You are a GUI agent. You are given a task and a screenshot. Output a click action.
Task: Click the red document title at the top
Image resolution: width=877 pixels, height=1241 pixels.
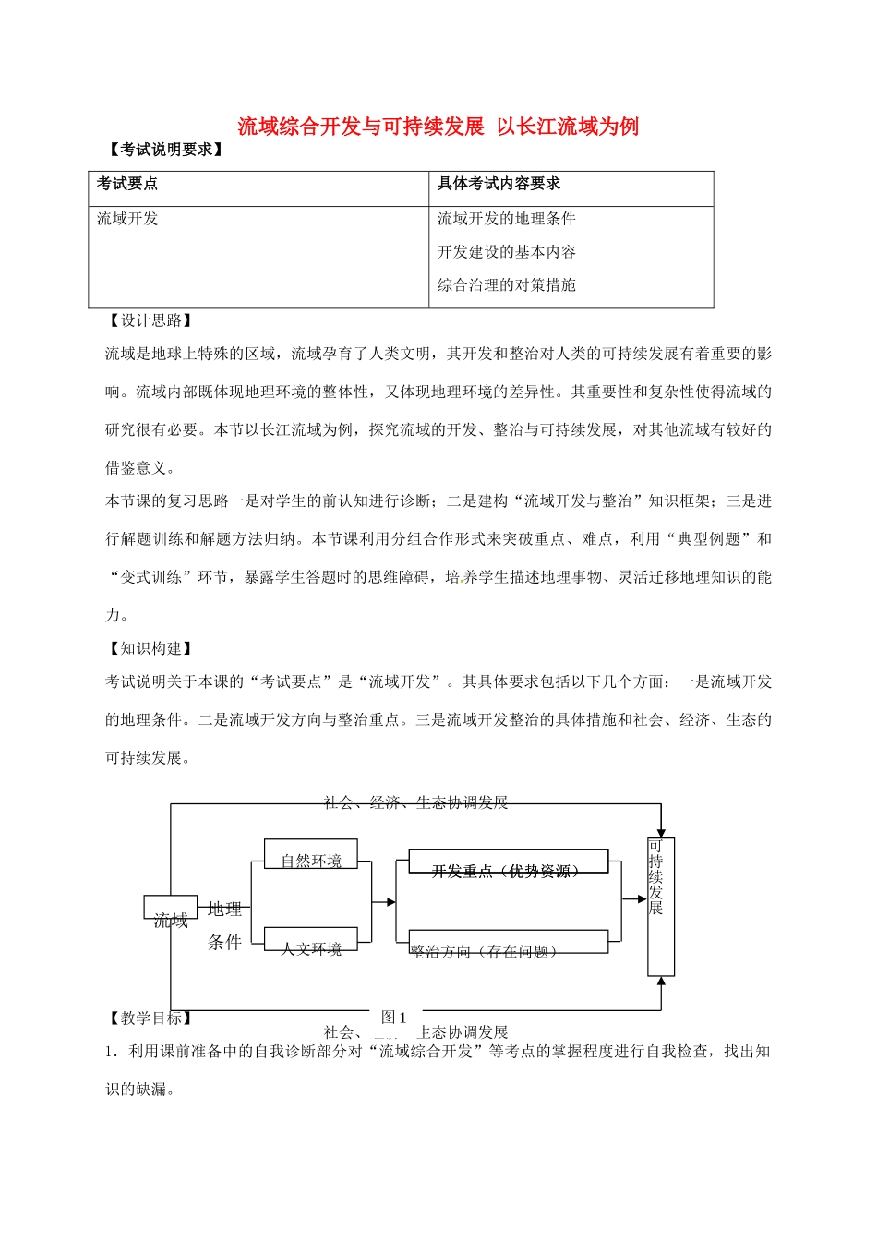click(x=438, y=127)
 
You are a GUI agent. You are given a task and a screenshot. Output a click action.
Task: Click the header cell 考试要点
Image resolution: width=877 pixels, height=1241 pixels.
click(x=127, y=184)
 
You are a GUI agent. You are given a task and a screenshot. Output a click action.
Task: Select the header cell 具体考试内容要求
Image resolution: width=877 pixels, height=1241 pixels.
click(x=499, y=184)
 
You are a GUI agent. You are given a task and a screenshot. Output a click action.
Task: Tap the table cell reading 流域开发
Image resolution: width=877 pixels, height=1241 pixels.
click(x=127, y=219)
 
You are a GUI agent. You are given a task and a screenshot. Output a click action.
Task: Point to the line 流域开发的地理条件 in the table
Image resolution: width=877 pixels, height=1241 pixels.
click(x=506, y=219)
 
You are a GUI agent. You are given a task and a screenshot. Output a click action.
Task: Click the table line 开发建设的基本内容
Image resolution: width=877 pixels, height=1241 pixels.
click(x=506, y=252)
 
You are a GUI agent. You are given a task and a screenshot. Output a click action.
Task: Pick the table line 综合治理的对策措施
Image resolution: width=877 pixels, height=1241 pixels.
click(x=506, y=285)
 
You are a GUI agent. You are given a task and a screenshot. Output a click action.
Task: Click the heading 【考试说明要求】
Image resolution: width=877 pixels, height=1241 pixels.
click(x=165, y=150)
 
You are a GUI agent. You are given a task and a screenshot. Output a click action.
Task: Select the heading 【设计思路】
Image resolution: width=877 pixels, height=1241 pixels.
click(x=150, y=320)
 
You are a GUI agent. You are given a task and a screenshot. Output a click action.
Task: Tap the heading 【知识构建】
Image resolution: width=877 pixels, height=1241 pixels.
click(x=150, y=648)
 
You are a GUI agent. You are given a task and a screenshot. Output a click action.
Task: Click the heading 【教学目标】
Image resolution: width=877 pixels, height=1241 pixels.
click(x=150, y=1018)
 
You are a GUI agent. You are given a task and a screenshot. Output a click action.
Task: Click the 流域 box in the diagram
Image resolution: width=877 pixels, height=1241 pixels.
click(x=171, y=909)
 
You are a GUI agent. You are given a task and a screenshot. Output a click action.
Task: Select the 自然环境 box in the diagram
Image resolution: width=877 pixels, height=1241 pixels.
click(x=311, y=855)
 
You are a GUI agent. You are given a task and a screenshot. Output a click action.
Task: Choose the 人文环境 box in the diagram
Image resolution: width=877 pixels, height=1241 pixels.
click(x=311, y=941)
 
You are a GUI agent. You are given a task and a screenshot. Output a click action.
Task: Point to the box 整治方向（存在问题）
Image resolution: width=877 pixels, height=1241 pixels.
click(x=508, y=944)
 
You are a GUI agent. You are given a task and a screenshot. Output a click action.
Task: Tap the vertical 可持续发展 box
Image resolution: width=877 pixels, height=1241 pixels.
click(x=660, y=906)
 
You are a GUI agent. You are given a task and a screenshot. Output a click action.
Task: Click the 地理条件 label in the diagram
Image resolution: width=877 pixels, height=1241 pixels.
click(x=224, y=925)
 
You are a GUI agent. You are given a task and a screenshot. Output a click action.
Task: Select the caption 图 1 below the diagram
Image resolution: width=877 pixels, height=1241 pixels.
click(x=394, y=1017)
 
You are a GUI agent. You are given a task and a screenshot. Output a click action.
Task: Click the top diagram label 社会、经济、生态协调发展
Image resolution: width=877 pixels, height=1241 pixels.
click(x=416, y=802)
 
